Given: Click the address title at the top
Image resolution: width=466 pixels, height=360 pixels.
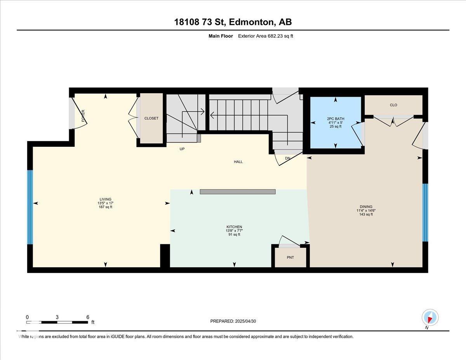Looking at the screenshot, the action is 233,22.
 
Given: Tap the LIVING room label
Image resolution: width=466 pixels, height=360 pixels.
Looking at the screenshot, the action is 105,199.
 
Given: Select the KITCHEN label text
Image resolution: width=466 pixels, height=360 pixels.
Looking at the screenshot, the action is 234,227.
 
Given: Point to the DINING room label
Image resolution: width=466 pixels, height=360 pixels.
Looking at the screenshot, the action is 366,207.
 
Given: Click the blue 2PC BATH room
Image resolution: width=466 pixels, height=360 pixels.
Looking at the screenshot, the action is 336,122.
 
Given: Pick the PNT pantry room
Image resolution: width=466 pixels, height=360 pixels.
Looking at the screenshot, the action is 290,257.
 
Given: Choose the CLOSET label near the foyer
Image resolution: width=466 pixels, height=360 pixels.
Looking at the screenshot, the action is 151,118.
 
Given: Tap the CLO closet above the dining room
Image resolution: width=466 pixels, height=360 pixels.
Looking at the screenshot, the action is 393,105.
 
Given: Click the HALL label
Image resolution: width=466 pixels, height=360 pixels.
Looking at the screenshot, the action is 238,162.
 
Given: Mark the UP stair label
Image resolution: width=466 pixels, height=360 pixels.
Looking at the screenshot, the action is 182,149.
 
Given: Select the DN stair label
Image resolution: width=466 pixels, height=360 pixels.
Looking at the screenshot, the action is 287,158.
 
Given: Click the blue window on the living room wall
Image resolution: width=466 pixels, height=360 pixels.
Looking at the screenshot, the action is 30,207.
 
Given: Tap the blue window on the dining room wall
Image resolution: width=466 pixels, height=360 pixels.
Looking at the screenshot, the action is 425,212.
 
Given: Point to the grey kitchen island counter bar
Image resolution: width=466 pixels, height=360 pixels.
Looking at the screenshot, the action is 238,192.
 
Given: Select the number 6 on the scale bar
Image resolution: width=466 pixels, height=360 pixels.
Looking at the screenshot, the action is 88,317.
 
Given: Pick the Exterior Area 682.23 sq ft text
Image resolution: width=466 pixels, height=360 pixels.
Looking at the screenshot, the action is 266,36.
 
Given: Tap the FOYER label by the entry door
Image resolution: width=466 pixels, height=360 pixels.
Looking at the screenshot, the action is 83,116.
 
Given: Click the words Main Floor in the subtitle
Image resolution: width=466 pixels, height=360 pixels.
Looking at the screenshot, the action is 221,36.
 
